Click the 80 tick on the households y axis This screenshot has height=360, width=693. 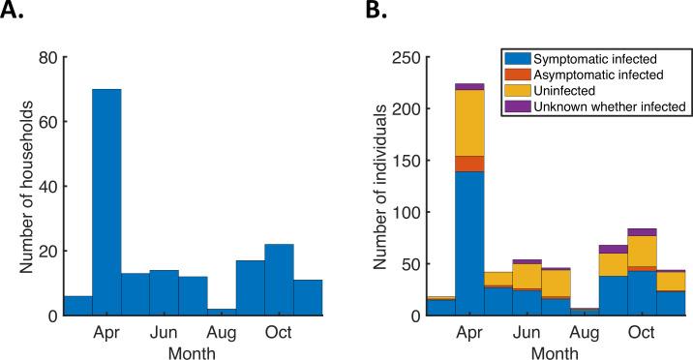45,57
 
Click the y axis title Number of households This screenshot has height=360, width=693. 21,186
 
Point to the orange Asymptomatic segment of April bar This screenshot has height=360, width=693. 469,164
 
